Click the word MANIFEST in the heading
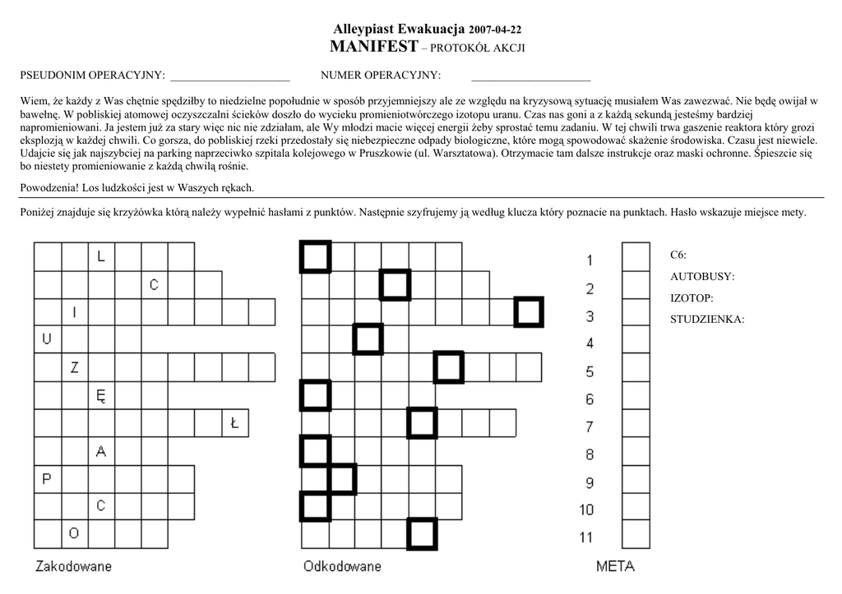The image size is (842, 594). point(373,46)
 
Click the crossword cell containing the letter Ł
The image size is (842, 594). point(235,424)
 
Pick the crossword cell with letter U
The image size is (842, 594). point(47,338)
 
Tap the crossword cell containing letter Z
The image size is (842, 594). point(74,367)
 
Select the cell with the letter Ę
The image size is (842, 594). point(101,395)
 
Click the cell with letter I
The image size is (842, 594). point(74,311)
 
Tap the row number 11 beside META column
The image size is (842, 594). point(586,538)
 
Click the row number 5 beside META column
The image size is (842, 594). point(590,372)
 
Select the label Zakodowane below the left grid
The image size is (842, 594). point(73,566)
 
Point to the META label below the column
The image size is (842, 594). point(615,566)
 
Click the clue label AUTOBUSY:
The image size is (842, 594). point(702,277)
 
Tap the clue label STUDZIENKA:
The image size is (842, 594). point(707,320)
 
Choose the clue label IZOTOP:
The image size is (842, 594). point(692,298)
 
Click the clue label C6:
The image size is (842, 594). point(678,256)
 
